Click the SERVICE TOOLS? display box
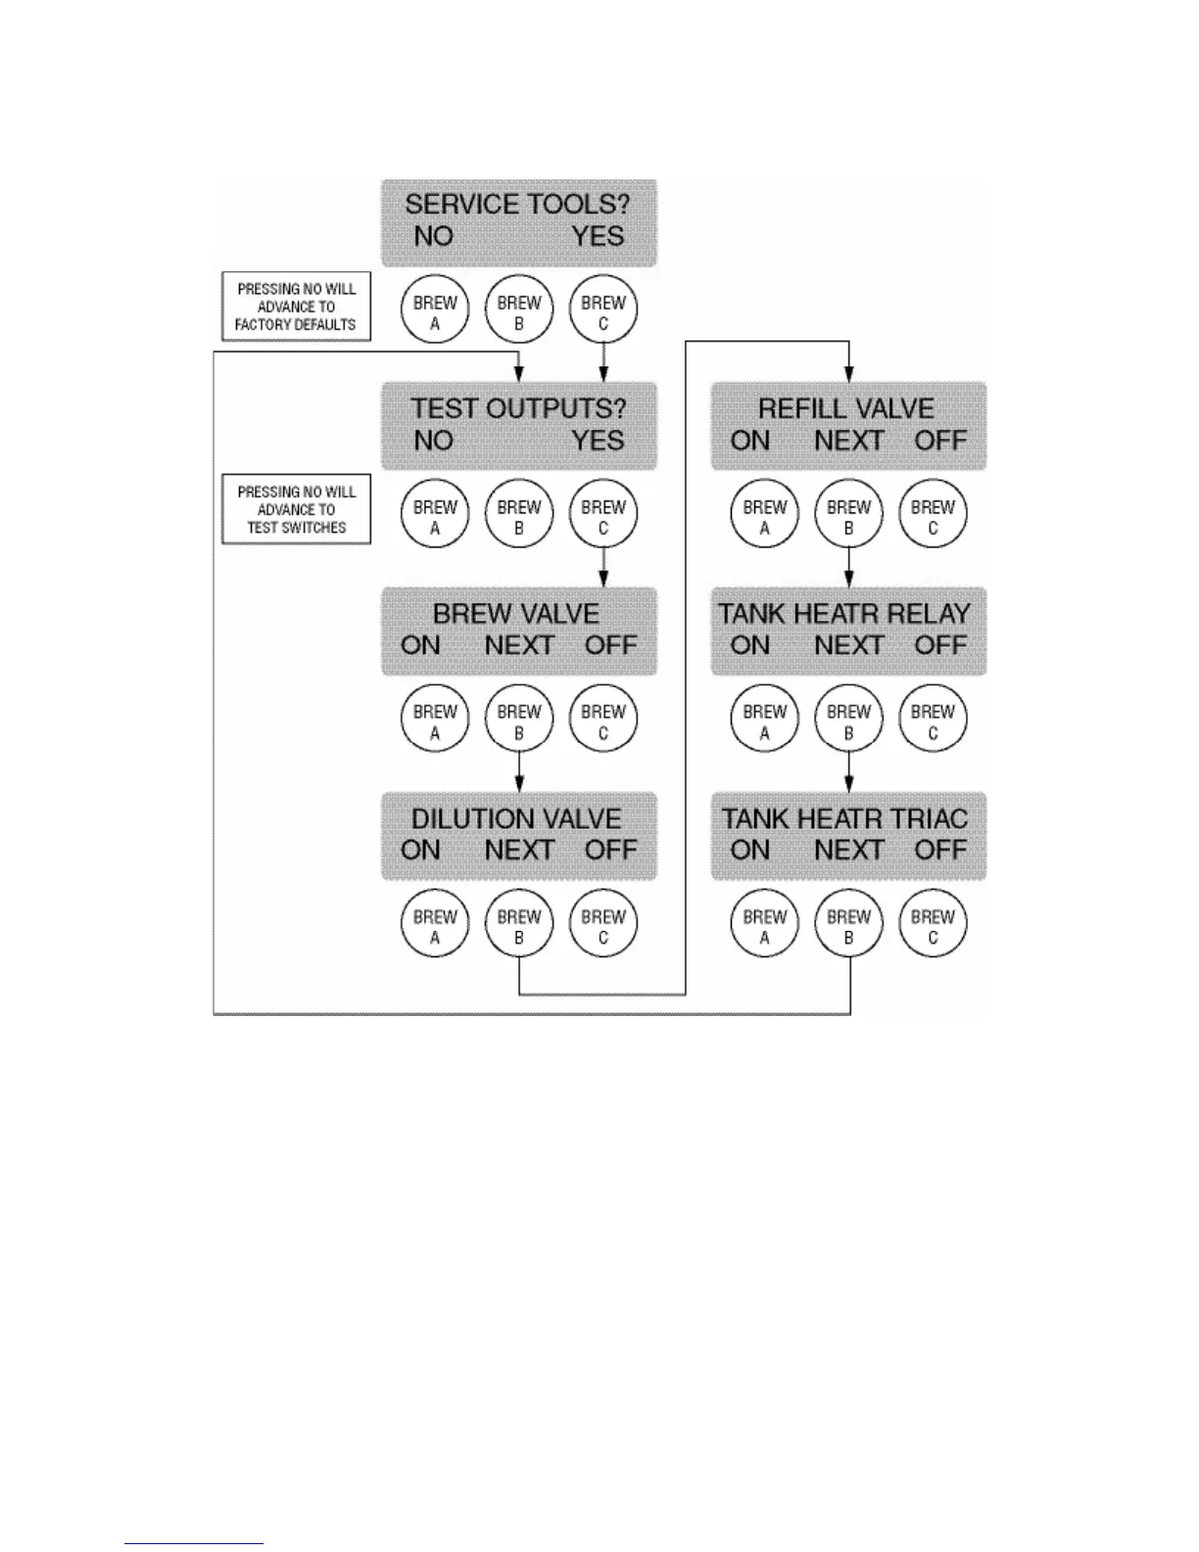518,221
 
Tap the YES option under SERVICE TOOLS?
598,237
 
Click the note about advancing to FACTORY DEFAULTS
296,307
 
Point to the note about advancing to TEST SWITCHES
296,509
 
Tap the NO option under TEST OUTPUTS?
433,441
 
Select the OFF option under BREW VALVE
610,646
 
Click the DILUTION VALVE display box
518,835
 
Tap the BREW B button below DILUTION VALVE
519,926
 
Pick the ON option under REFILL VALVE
750,441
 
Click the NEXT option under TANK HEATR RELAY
848,646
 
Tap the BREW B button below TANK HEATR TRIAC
848,926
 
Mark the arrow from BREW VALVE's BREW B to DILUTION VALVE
519,772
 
